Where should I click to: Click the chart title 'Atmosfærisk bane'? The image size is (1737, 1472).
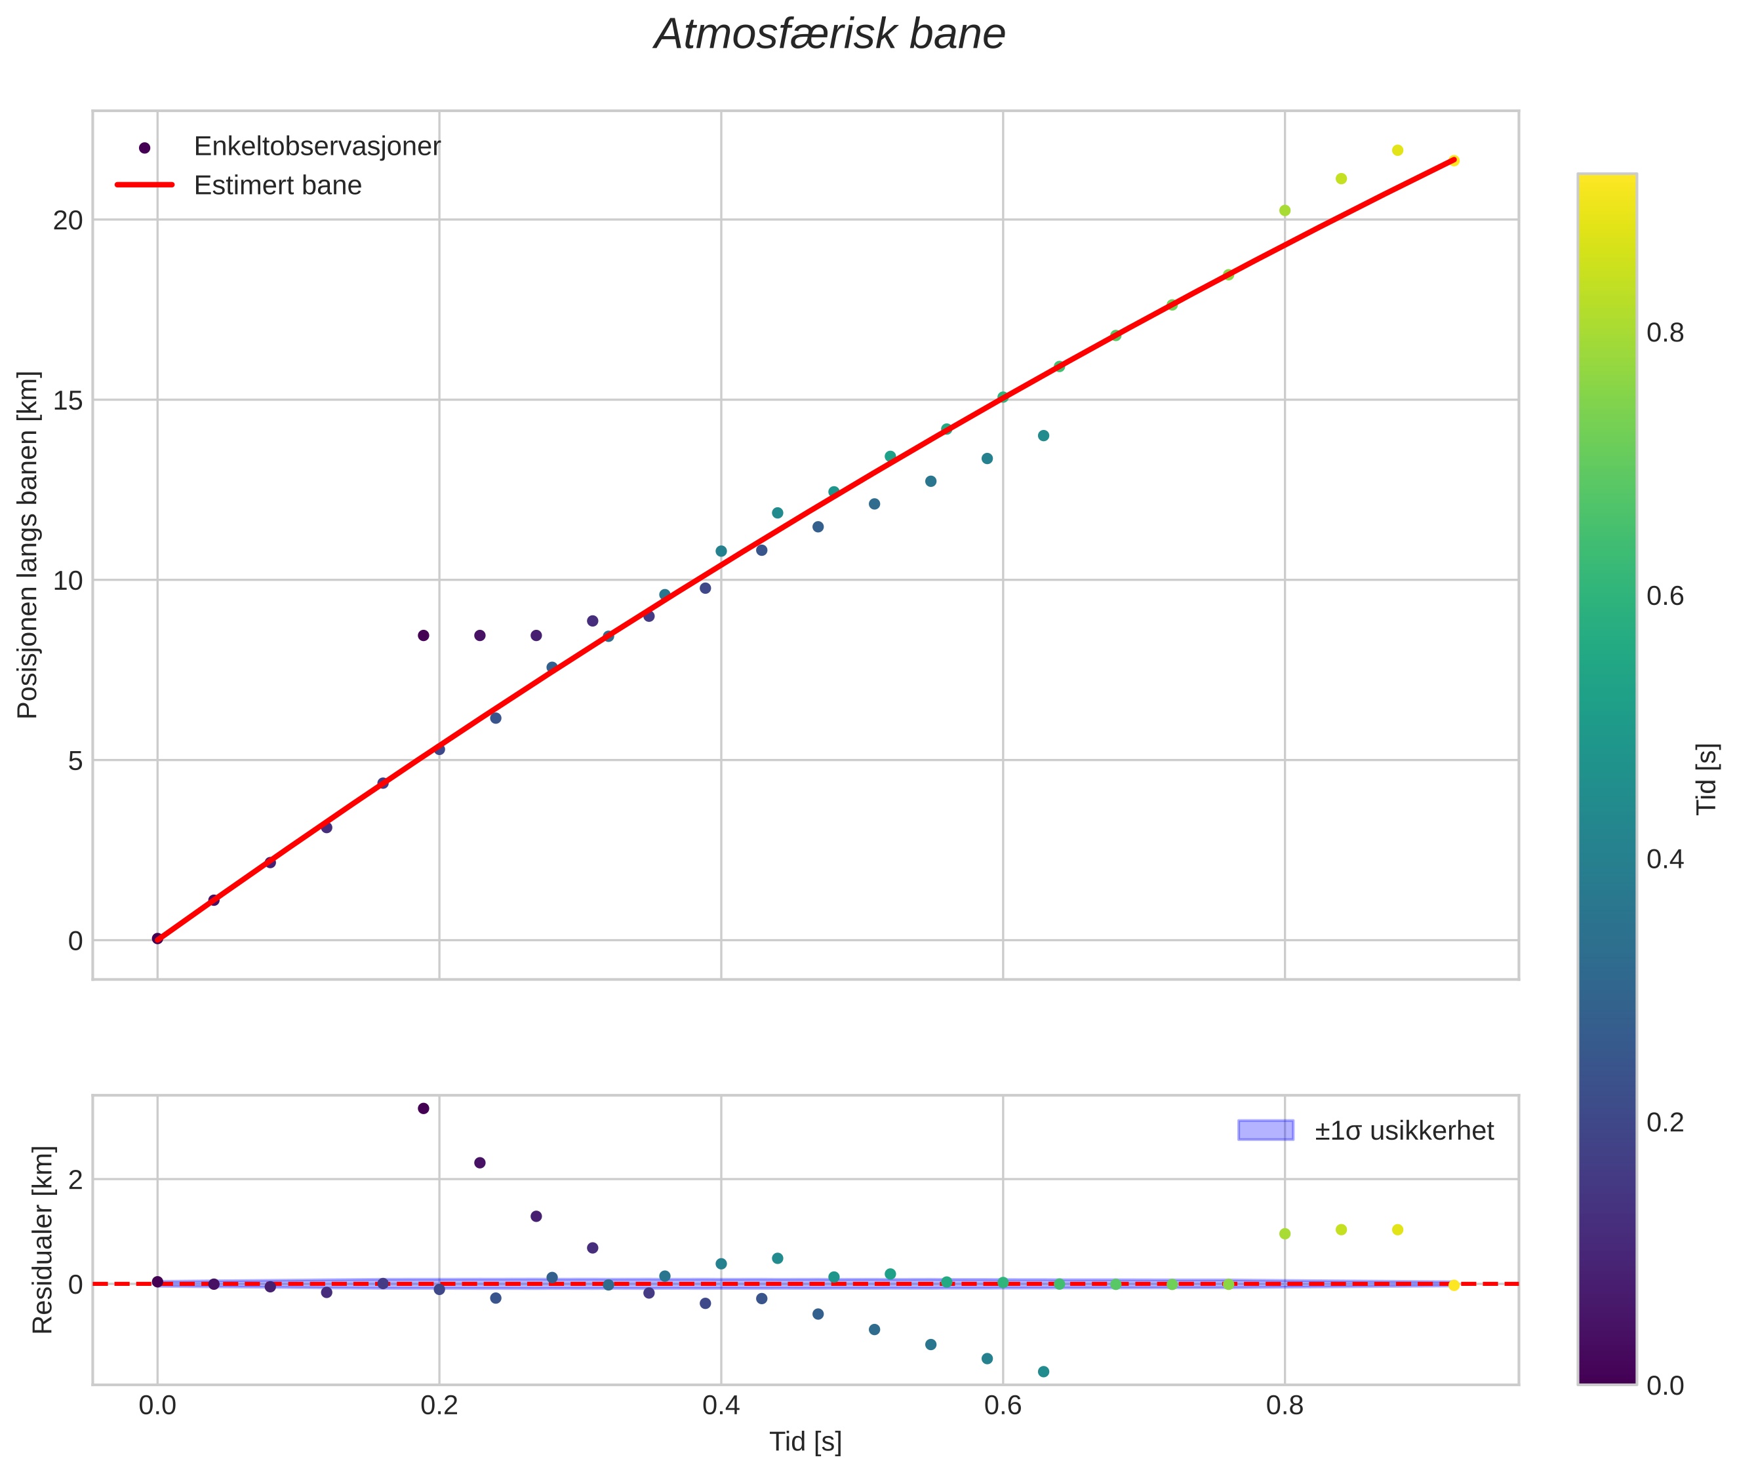[x=829, y=35]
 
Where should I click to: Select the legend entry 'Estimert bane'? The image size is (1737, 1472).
[x=277, y=185]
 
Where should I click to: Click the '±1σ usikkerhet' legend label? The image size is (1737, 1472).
[x=1404, y=1131]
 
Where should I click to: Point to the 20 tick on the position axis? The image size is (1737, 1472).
[x=68, y=220]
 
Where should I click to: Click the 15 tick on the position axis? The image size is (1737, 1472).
[x=68, y=400]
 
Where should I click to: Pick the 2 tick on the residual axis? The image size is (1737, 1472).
[x=75, y=1180]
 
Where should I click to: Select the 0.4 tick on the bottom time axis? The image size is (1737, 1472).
[x=721, y=1406]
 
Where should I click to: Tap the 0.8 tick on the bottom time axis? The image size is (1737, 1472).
[x=1284, y=1406]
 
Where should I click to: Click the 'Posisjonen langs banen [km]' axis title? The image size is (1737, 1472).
[x=28, y=545]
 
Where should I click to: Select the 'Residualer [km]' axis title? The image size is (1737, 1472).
[x=42, y=1240]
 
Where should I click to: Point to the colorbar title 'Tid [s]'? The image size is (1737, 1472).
[x=1707, y=779]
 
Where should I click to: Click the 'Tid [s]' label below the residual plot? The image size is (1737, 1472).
[x=805, y=1442]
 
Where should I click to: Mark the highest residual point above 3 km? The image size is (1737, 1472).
[x=423, y=1108]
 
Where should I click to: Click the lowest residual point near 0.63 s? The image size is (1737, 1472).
[x=1043, y=1371]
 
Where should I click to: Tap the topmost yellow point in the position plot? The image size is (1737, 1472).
[x=1397, y=150]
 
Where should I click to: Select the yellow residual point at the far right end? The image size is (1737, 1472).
[x=1453, y=1285]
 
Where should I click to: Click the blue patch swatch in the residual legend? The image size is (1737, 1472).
[x=1266, y=1131]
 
